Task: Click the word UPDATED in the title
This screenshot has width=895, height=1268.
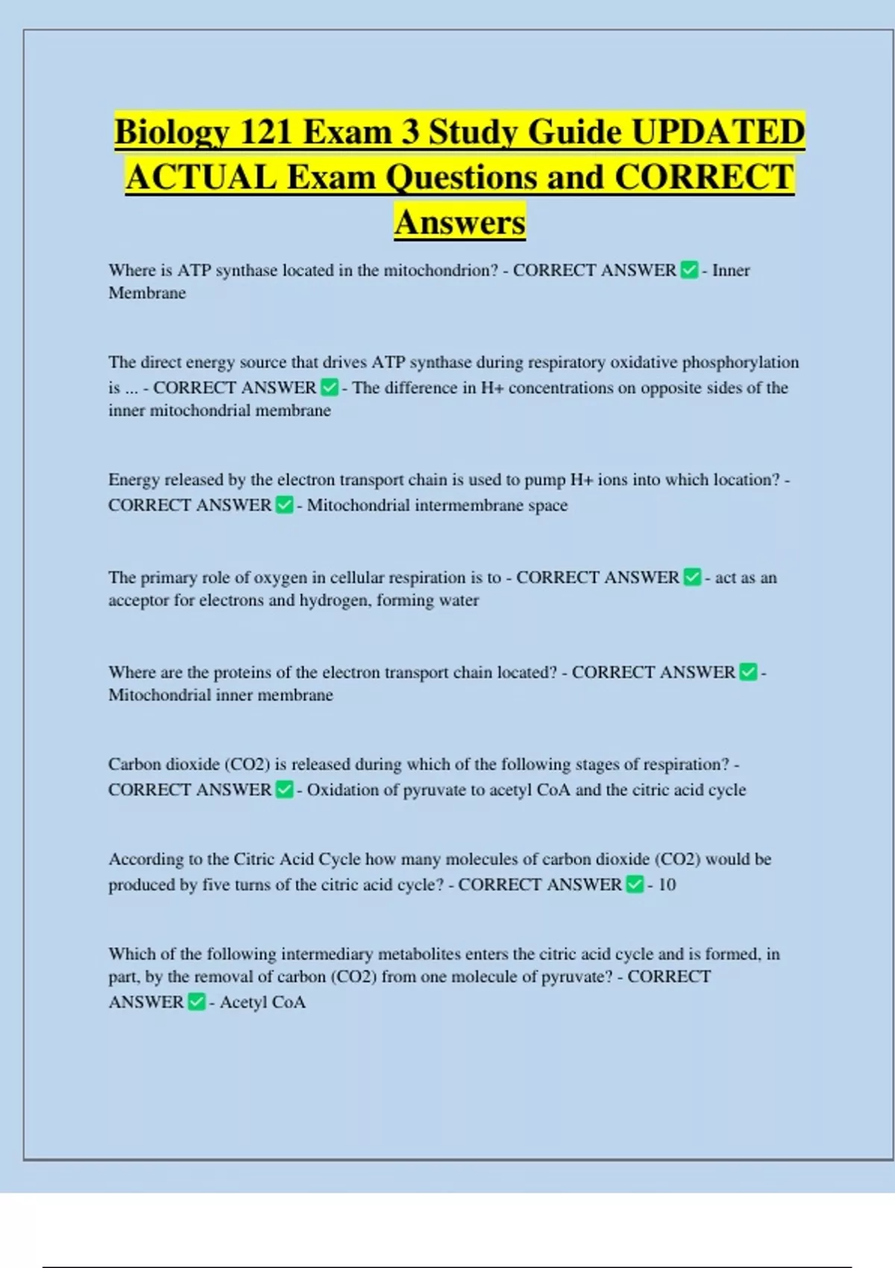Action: tap(718, 133)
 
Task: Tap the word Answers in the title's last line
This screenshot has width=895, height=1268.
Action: tap(460, 222)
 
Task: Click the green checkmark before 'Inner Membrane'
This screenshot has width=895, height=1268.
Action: tap(690, 270)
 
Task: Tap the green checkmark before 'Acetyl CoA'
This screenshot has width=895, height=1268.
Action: tap(196, 1002)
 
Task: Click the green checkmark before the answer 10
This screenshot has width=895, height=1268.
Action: tap(635, 885)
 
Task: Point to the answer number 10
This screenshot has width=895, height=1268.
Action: tap(667, 885)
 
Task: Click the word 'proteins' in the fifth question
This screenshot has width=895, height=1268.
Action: tap(242, 672)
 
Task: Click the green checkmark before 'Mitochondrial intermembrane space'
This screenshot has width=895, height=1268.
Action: tap(284, 506)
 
